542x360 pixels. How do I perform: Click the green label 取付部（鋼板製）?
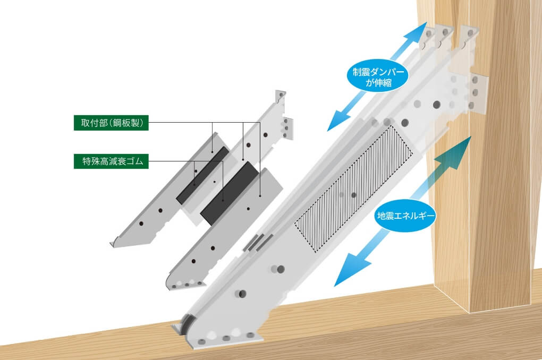tap(111, 123)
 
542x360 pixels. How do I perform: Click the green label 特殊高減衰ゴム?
tap(111, 161)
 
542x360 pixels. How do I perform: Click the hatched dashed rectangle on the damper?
tap(353, 188)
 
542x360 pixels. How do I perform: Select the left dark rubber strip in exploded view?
tap(202, 175)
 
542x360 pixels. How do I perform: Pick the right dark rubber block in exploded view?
tap(230, 193)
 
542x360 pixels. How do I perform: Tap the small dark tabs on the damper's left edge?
tap(258, 242)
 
